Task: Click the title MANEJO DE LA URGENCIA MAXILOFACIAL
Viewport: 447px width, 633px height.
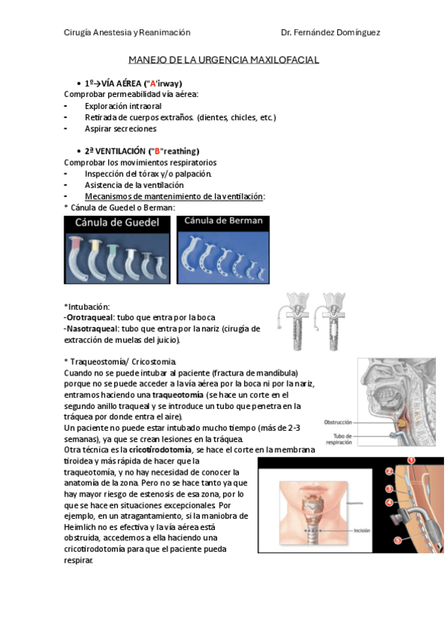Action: pos(224,60)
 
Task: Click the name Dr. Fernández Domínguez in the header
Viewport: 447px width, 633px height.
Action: pos(331,32)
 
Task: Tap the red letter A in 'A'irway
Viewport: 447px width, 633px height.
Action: pos(152,84)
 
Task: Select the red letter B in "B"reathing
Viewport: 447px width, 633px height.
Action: pos(157,152)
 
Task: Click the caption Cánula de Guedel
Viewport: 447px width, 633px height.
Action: pos(117,222)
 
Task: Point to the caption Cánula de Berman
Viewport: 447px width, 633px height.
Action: pos(223,221)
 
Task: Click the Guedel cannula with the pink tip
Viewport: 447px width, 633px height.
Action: pos(75,258)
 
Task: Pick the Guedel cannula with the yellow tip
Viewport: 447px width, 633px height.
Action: pos(96,260)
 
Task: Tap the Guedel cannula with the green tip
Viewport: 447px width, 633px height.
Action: pos(114,261)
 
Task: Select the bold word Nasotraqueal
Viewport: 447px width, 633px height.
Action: pos(93,328)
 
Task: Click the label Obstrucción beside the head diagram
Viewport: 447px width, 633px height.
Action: pos(337,422)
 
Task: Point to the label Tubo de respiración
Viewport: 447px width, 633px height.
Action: pos(339,439)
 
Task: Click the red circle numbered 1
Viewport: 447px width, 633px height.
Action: pos(411,461)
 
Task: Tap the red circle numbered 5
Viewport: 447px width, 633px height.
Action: pos(398,540)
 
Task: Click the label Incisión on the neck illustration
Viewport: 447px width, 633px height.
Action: pos(362,531)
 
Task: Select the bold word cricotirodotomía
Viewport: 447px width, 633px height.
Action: pos(160,449)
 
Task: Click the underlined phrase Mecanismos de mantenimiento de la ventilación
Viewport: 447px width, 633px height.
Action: pos(174,196)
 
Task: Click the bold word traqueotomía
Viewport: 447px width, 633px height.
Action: pos(178,395)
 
